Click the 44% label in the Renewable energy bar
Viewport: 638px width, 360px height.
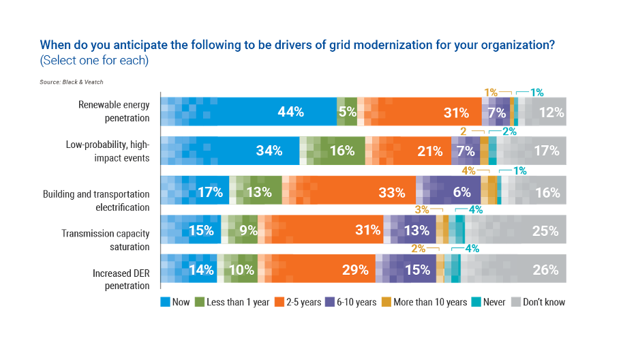[x=290, y=112]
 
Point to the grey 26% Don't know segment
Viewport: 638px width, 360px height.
[x=518, y=270]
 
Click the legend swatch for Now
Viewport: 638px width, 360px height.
[x=164, y=301]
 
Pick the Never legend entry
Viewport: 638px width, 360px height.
[x=490, y=301]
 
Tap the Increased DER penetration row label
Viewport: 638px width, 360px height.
[x=121, y=279]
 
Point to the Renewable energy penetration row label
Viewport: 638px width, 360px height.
[x=114, y=110]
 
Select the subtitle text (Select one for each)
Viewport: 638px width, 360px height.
[x=94, y=60]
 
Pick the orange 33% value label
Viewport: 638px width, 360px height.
[x=391, y=192]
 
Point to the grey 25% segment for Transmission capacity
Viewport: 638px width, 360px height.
[x=518, y=230]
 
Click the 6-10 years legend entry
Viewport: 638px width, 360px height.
[x=355, y=301]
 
